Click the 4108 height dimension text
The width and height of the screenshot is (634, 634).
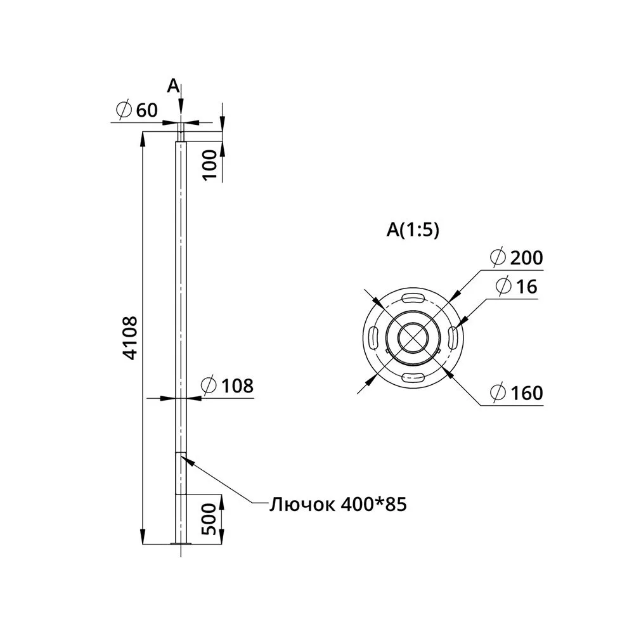tap(130, 338)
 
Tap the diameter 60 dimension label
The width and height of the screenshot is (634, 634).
tap(136, 110)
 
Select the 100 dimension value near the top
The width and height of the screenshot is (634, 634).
tap(210, 165)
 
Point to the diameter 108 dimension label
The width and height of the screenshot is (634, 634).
tap(227, 385)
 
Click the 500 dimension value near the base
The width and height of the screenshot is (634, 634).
tap(209, 519)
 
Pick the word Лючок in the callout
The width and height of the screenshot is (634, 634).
tap(302, 504)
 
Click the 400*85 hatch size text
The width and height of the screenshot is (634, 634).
tap(373, 504)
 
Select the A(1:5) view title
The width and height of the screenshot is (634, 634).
tap(413, 230)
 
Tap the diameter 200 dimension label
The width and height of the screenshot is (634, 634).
tap(516, 257)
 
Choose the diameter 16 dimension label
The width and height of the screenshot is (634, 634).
tap(516, 287)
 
